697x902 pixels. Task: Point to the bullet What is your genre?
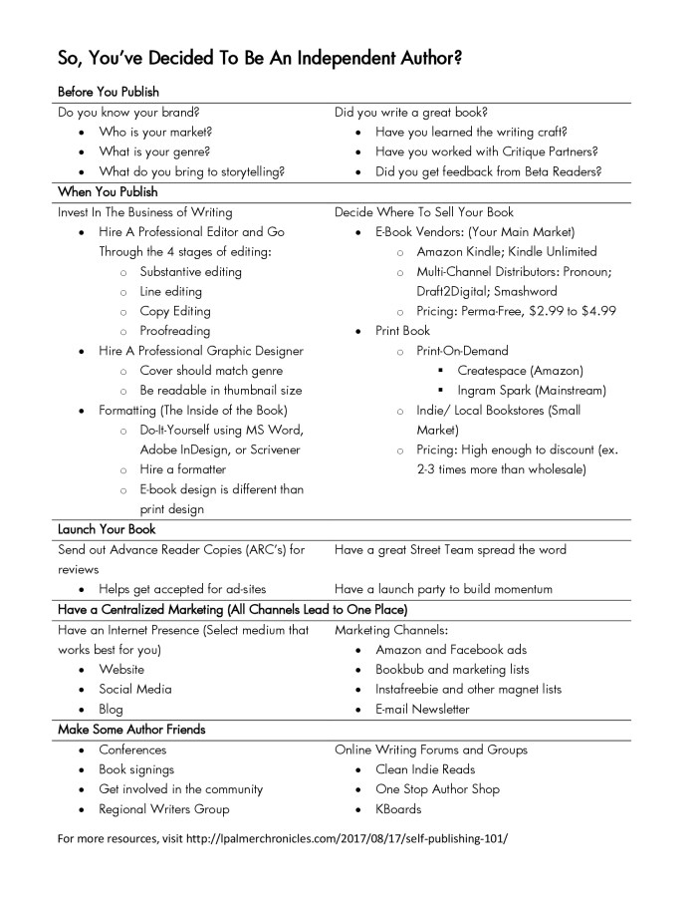[154, 151]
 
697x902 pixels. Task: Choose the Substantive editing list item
[190, 271]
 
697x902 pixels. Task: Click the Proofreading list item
[175, 331]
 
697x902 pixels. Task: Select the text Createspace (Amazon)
[520, 371]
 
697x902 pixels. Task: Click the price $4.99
[593, 311]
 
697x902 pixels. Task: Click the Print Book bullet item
[402, 331]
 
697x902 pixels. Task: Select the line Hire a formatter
[183, 469]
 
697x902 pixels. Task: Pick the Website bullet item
[121, 670]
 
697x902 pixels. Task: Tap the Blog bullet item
[111, 710]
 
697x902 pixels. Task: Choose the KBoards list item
[398, 809]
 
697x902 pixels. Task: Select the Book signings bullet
[136, 769]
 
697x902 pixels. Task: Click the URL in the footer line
[358, 839]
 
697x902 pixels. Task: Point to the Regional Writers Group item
[163, 809]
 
